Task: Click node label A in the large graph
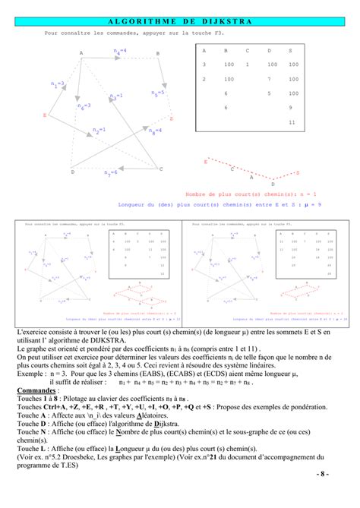click(81, 52)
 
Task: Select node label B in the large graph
click(158, 53)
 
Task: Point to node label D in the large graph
click(73, 172)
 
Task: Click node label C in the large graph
click(161, 169)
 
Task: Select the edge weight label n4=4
click(120, 51)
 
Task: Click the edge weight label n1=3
click(58, 84)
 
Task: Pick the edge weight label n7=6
click(111, 173)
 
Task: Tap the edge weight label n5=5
click(158, 93)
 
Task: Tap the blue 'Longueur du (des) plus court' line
click(213, 204)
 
